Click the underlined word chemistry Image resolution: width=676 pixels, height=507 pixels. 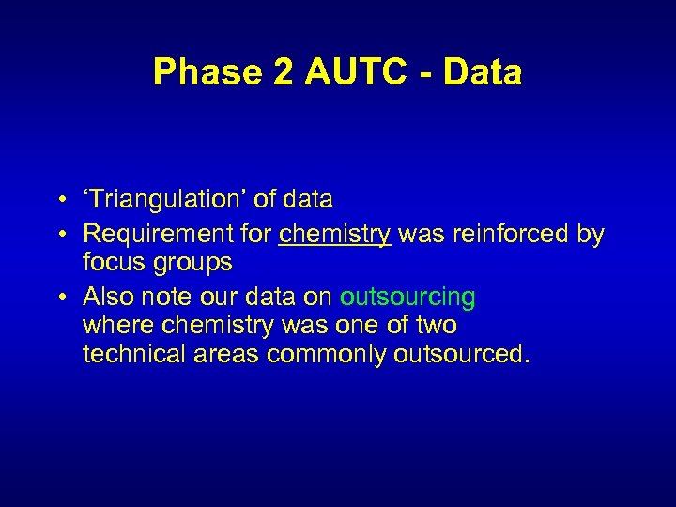(x=335, y=234)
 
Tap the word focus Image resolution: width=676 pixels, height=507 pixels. (x=111, y=264)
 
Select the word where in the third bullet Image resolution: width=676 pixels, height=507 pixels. (x=115, y=326)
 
